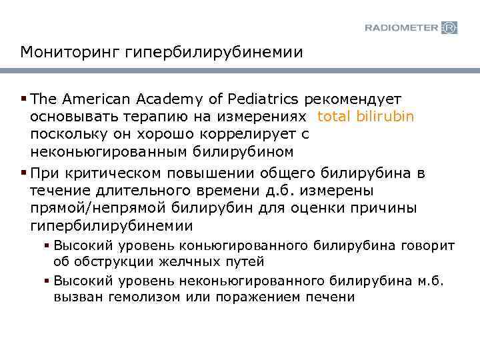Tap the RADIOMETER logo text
click(x=401, y=28)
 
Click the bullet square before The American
click(x=24, y=99)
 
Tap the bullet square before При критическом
click(x=24, y=174)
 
